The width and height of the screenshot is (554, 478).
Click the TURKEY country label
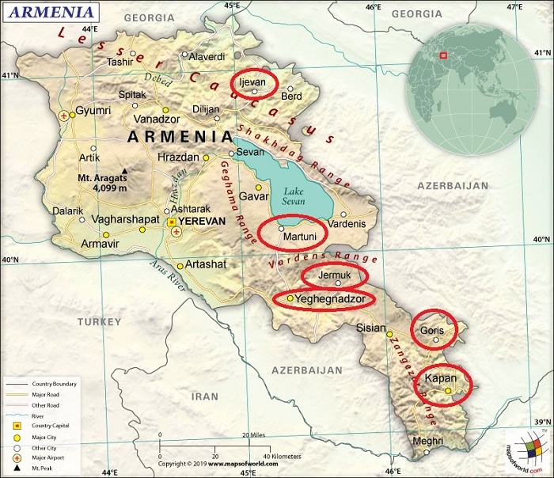click(98, 322)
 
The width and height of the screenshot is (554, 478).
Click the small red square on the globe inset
click(443, 55)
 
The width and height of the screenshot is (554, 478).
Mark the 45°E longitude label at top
click(232, 6)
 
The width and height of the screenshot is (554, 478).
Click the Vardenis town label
click(347, 224)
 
